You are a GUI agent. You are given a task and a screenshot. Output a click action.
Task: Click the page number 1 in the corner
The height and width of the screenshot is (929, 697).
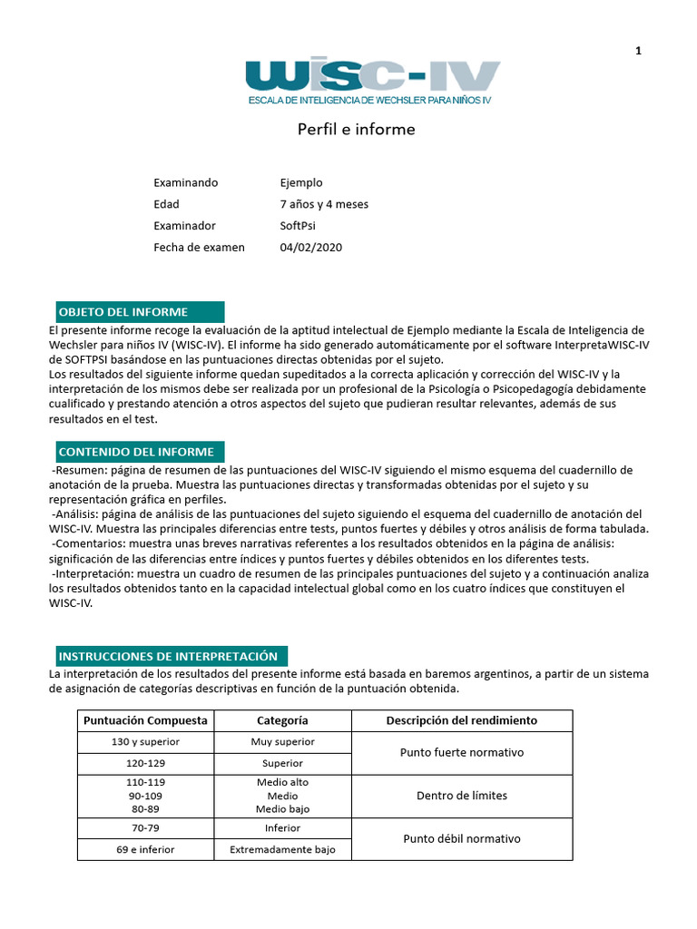638,51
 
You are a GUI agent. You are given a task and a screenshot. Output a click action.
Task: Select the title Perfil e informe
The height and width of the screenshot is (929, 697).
356,130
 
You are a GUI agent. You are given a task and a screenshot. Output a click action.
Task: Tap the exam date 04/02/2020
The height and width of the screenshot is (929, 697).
311,247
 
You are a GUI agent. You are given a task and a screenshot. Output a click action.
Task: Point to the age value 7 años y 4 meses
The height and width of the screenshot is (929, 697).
324,204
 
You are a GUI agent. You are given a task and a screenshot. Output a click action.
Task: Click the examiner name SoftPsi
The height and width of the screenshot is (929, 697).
298,226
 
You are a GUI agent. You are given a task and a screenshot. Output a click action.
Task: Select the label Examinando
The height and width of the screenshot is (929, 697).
185,182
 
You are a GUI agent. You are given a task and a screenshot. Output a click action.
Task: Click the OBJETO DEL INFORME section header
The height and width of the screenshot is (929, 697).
136,312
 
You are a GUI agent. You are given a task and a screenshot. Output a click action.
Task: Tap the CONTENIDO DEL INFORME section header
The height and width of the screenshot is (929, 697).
136,452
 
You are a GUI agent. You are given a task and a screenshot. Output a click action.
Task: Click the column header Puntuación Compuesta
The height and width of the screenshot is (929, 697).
145,720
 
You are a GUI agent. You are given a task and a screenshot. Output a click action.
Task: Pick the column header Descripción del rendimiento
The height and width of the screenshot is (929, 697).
461,720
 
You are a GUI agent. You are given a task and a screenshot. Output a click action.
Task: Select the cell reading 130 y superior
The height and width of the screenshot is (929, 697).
145,742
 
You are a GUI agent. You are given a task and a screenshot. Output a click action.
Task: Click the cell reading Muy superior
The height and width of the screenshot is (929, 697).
282,742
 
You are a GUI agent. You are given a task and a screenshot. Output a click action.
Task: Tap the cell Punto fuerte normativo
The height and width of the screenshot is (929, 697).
461,753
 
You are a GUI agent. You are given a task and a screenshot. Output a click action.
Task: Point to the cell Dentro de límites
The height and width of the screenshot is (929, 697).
461,796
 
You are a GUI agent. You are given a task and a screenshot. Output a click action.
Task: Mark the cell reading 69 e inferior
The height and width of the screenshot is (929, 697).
145,850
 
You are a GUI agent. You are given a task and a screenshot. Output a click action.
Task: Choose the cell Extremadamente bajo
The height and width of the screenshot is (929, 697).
282,850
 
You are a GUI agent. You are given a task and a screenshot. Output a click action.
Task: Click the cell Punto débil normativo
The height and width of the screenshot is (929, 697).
461,839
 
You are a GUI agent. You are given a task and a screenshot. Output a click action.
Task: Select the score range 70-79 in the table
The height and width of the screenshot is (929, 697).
145,828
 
